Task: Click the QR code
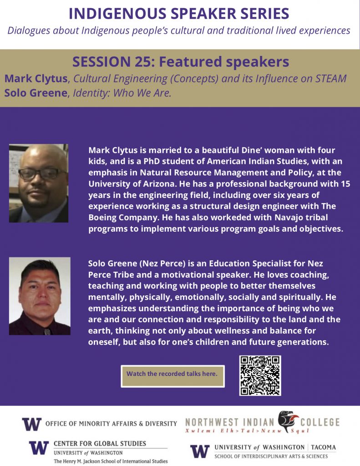(x=260, y=375)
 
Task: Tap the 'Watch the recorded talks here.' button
(x=172, y=376)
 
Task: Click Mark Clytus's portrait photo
(x=39, y=183)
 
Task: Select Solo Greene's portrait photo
(x=40, y=296)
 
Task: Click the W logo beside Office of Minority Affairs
(x=32, y=424)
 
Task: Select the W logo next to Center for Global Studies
(x=39, y=448)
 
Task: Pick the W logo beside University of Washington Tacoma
(x=200, y=451)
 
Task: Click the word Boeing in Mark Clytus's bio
(x=102, y=218)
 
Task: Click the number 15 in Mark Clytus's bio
(x=345, y=184)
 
